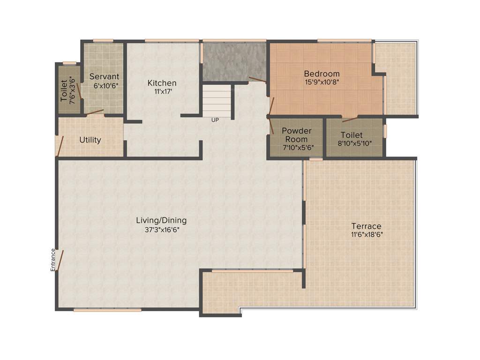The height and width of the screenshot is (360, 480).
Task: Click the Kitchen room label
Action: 162,83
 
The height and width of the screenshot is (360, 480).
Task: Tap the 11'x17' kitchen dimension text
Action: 162,91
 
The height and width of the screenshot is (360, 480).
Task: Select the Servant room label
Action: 104,76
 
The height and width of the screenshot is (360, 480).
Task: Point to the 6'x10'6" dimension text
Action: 104,86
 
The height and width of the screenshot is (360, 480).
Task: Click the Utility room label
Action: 90,140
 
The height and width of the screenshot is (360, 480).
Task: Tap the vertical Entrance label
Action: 53,260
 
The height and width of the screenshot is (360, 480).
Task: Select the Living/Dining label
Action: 161,220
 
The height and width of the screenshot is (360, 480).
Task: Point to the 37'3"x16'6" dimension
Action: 162,230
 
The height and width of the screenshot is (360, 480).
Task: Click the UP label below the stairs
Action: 215,120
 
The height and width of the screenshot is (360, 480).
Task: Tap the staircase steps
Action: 217,101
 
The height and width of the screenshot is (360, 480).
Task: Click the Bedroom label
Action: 322,74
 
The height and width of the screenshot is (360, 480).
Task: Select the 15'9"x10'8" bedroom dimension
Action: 322,82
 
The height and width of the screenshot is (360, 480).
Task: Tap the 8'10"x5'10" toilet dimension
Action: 355,143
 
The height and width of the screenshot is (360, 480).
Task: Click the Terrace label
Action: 366,226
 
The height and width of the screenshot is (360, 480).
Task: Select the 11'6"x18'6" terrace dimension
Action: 366,235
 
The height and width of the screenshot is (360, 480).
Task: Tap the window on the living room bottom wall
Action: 107,309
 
